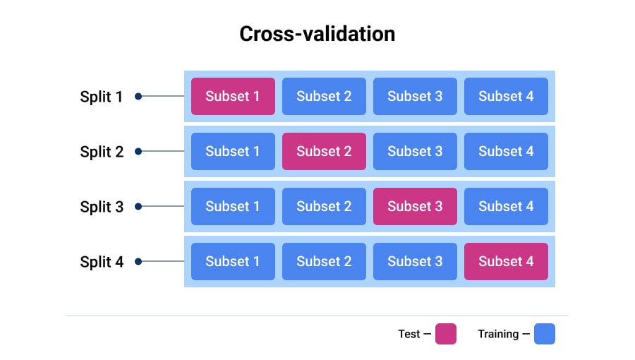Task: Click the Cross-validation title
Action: point(317,34)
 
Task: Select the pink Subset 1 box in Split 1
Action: point(233,96)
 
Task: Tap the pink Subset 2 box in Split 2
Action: point(324,151)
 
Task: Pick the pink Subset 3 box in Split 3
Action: point(415,206)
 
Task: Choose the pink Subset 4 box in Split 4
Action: point(506,261)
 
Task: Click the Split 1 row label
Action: point(102,97)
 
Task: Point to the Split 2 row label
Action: point(102,152)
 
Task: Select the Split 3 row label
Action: point(102,207)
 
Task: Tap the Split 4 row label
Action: point(102,262)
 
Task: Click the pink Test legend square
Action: point(445,334)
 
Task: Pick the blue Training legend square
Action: point(544,334)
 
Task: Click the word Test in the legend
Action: point(409,334)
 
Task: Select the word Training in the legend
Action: point(498,334)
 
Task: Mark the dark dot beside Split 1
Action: point(138,96)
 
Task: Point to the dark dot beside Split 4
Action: point(138,261)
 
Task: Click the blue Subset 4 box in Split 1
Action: point(506,96)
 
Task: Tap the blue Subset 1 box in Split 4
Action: point(233,261)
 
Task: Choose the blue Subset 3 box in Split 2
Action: point(415,151)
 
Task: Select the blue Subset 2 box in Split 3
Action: point(324,206)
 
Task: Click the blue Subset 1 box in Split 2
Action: point(233,151)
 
